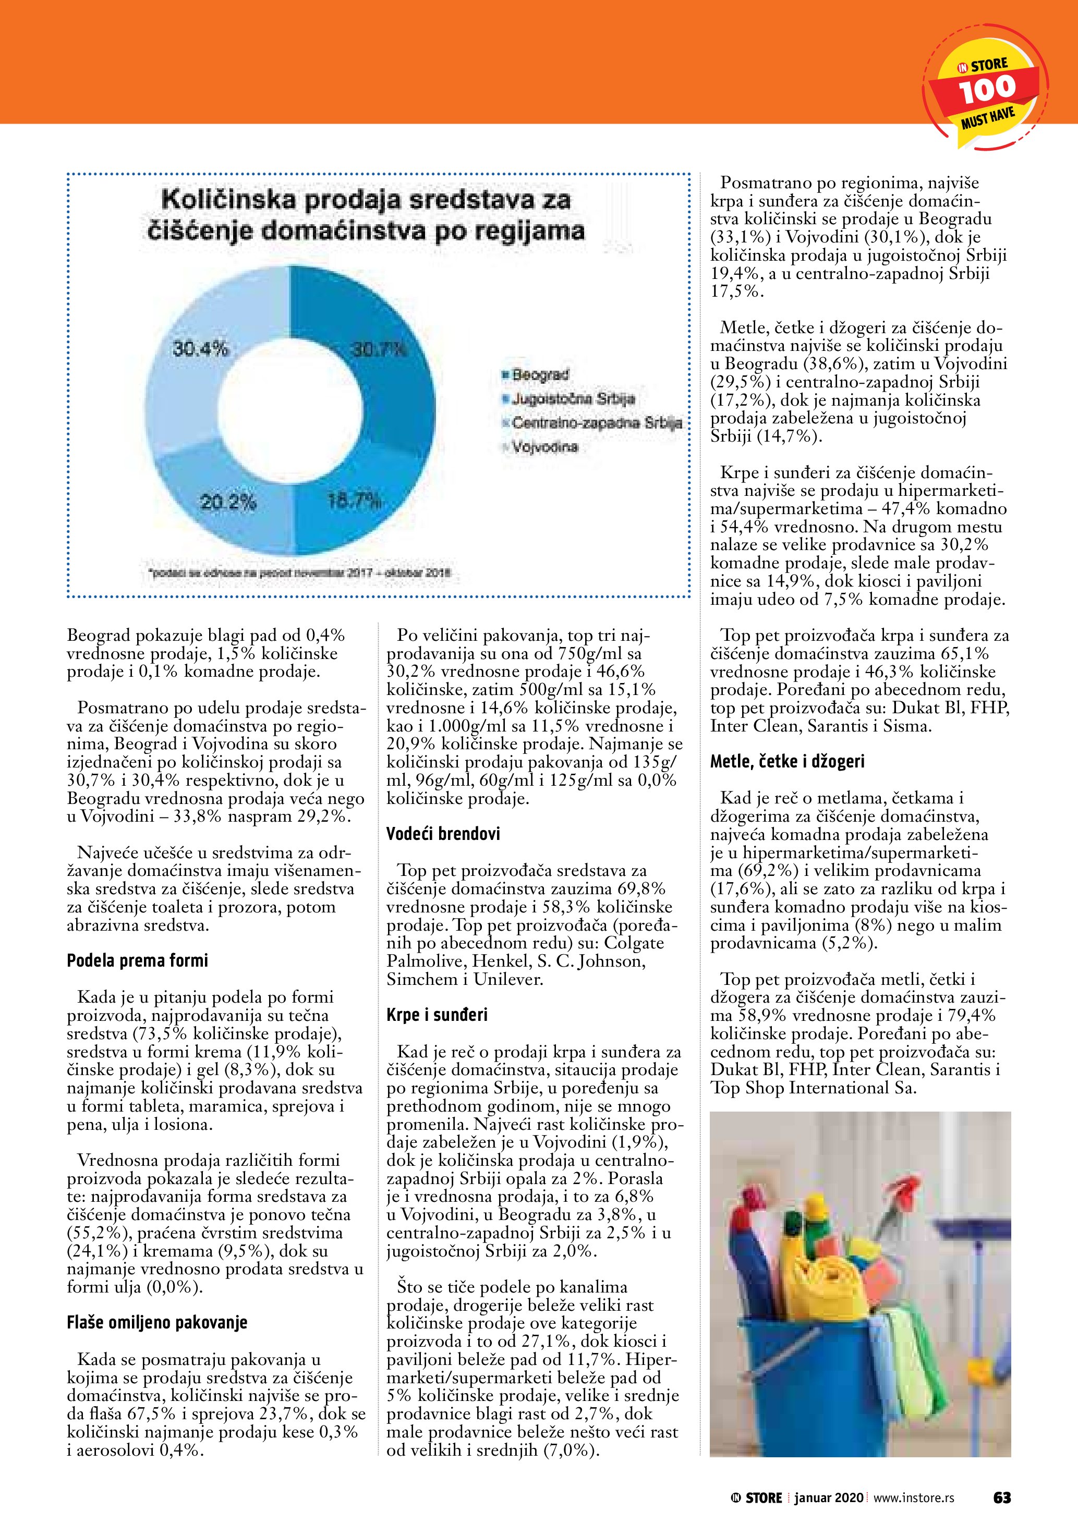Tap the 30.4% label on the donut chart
pyautogui.click(x=200, y=348)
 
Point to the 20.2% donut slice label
pyautogui.click(x=228, y=503)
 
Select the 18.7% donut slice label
pyautogui.click(x=355, y=500)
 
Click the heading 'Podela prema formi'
pyautogui.click(x=137, y=960)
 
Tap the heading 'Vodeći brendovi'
pyautogui.click(x=443, y=834)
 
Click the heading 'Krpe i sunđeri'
pyautogui.click(x=437, y=1015)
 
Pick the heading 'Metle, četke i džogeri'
pyautogui.click(x=788, y=761)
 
